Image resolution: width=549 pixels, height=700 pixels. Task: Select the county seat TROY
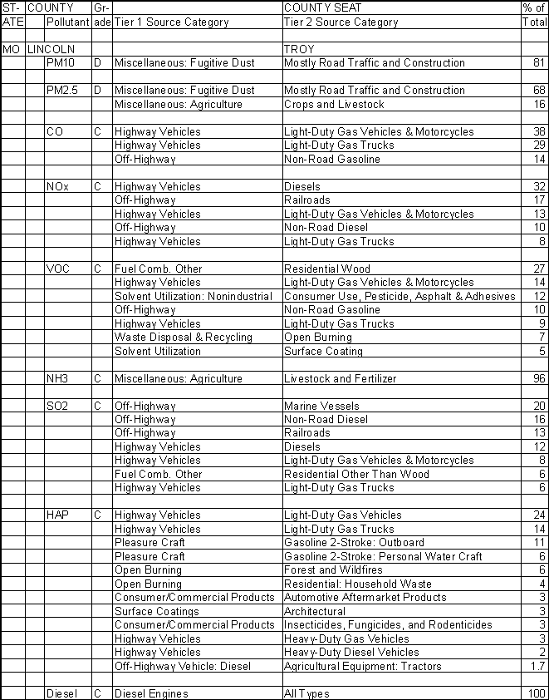point(299,50)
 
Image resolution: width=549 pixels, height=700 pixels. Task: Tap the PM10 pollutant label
point(61,63)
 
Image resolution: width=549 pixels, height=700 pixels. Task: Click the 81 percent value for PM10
point(539,63)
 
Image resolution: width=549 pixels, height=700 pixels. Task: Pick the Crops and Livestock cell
point(334,105)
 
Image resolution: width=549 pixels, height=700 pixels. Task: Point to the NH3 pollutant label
point(58,379)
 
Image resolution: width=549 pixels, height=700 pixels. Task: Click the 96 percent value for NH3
point(539,379)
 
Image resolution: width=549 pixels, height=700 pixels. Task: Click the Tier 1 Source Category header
point(171,22)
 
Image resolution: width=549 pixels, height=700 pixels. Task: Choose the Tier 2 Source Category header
point(341,22)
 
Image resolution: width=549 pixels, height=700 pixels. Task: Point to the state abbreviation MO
point(11,50)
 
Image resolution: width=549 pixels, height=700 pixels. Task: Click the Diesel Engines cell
point(151,693)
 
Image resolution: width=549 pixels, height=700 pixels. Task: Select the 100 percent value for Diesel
point(537,693)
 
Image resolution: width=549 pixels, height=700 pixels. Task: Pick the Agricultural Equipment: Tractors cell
point(363,667)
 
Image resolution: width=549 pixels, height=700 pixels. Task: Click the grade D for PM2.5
point(96,91)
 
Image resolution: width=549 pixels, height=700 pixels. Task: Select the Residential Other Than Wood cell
point(356,475)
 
